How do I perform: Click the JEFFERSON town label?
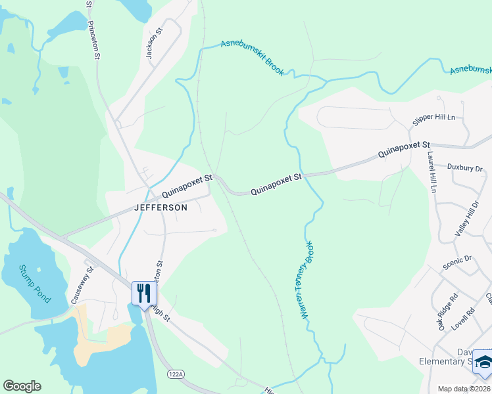pos(160,208)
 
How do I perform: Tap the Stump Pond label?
pos(34,283)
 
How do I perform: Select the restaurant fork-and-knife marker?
pos(143,293)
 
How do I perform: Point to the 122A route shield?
pos(176,372)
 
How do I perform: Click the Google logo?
pos(22,386)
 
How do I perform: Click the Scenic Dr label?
pos(458,263)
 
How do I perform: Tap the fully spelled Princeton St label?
pos(93,39)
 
